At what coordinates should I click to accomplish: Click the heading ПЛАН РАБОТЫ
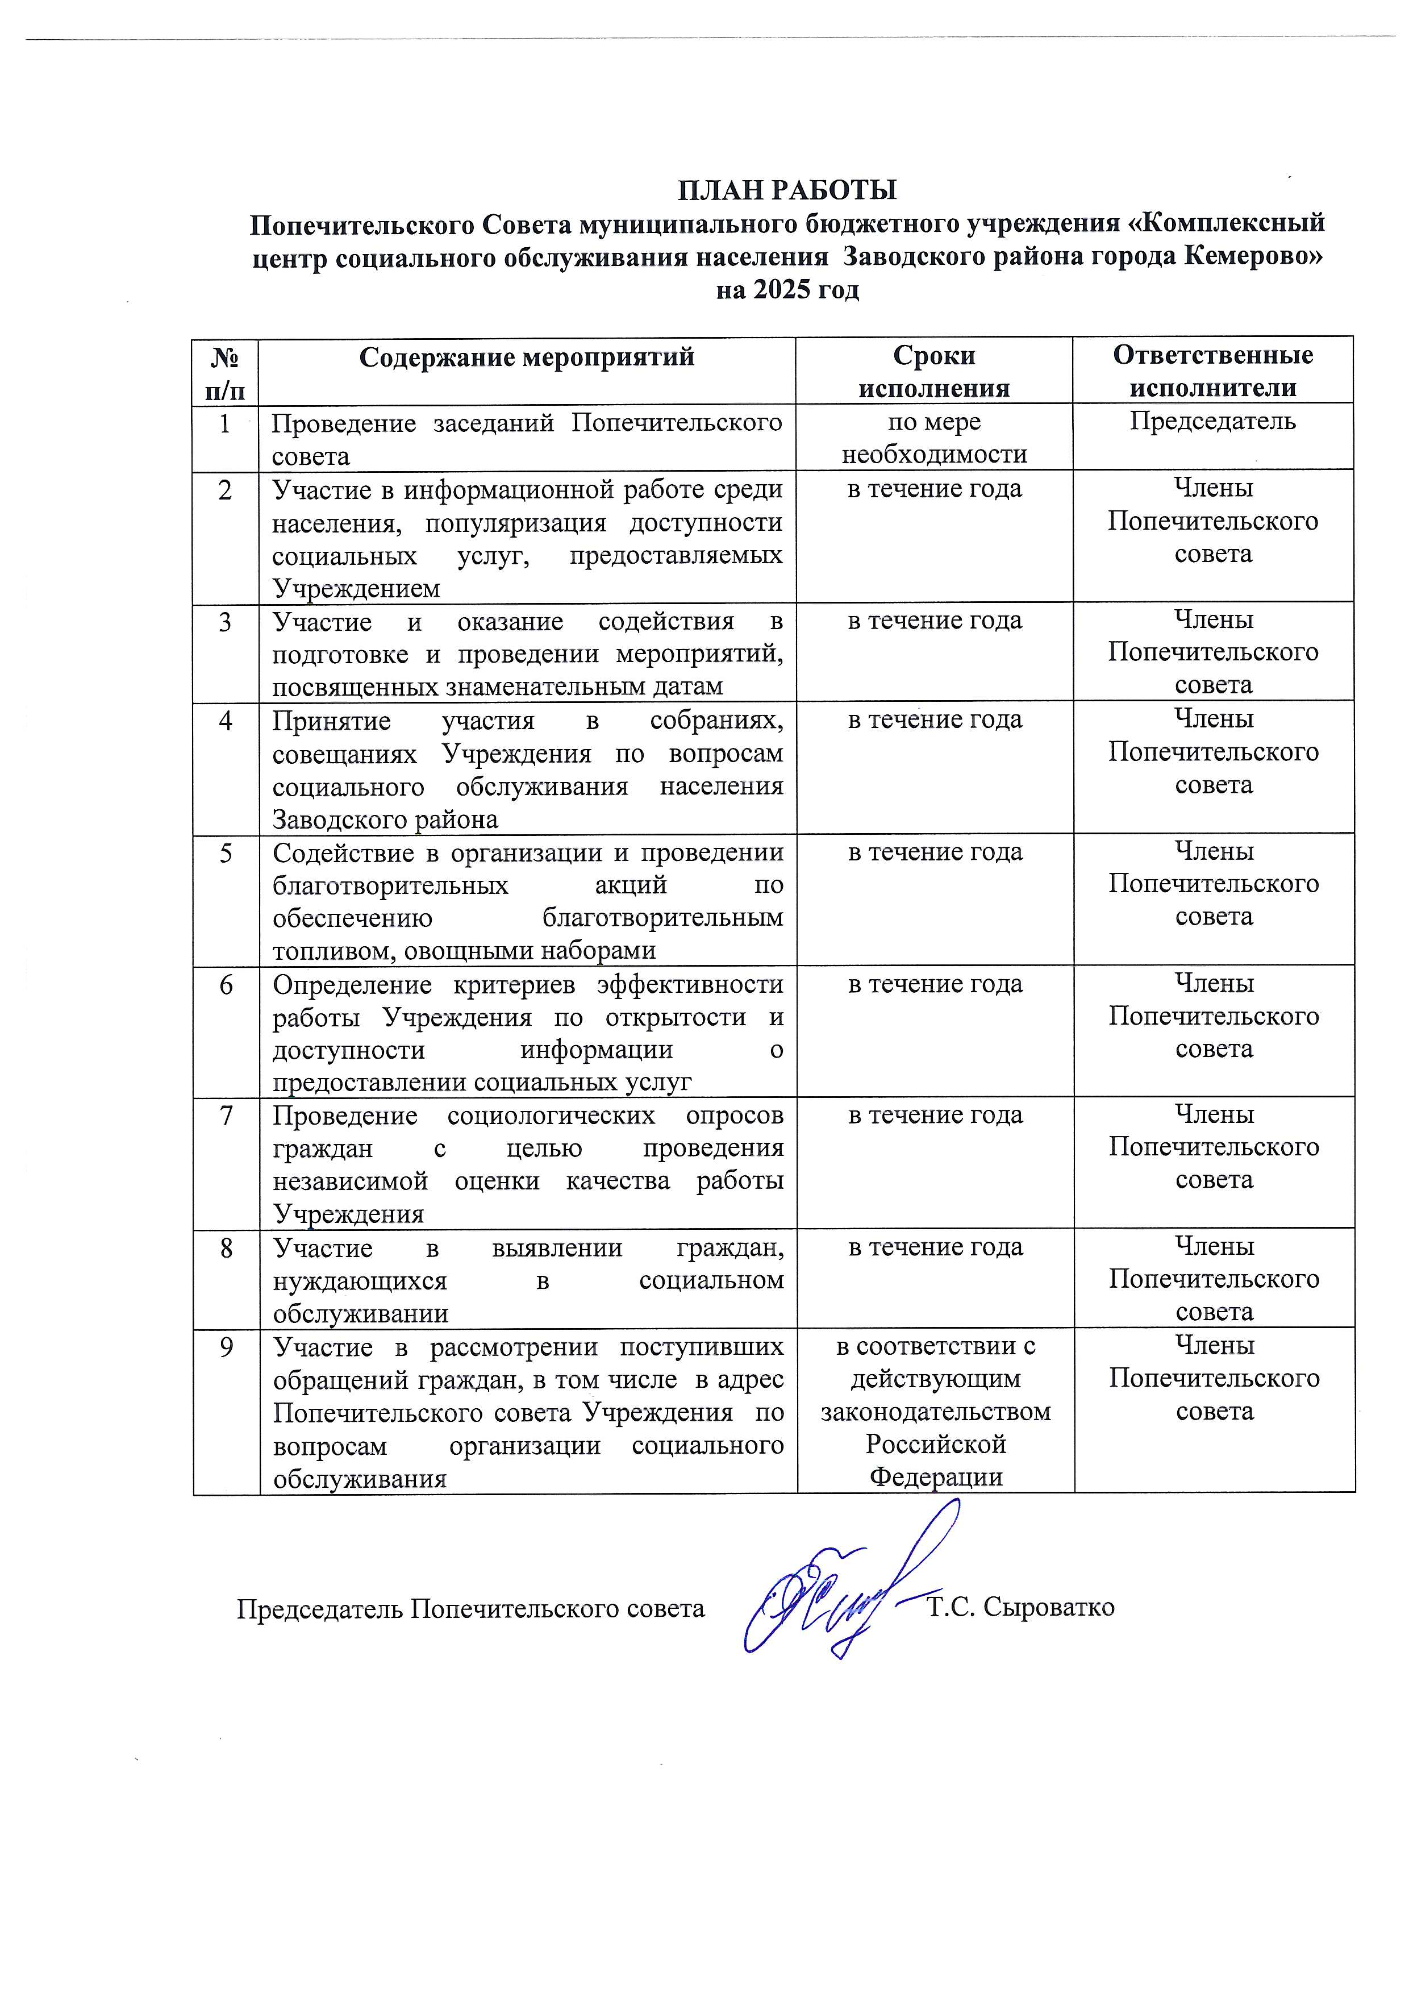786,189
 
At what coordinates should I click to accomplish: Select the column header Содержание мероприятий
527,357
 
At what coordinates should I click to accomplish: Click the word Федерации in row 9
935,1478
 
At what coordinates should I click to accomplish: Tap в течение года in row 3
935,622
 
